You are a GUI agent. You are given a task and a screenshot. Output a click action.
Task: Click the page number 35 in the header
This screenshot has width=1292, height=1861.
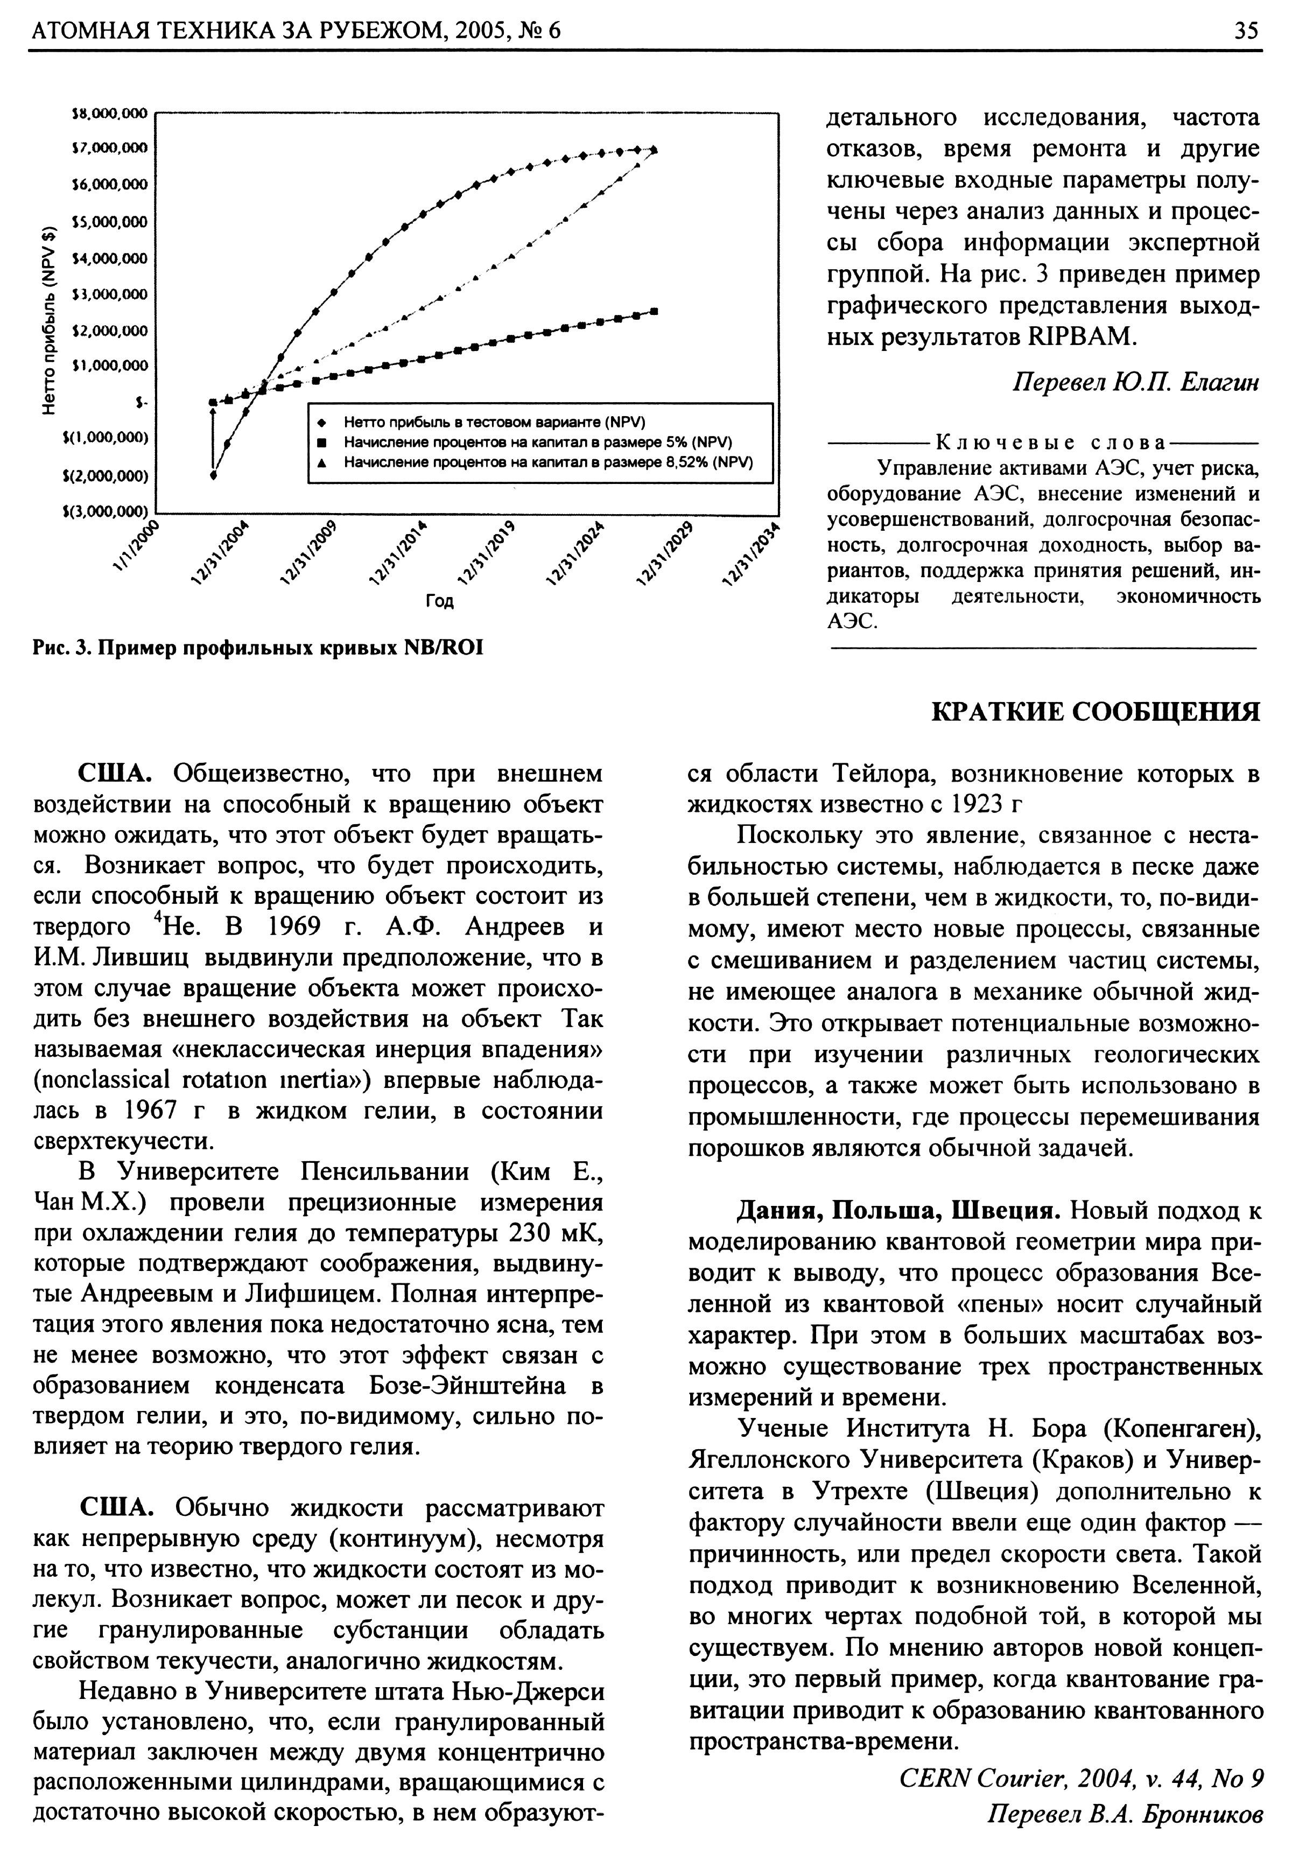(1246, 30)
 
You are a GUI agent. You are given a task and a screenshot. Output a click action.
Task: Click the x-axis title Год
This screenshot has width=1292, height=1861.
(440, 601)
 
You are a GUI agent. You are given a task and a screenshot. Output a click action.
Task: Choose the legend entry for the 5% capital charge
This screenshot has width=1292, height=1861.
(537, 442)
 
